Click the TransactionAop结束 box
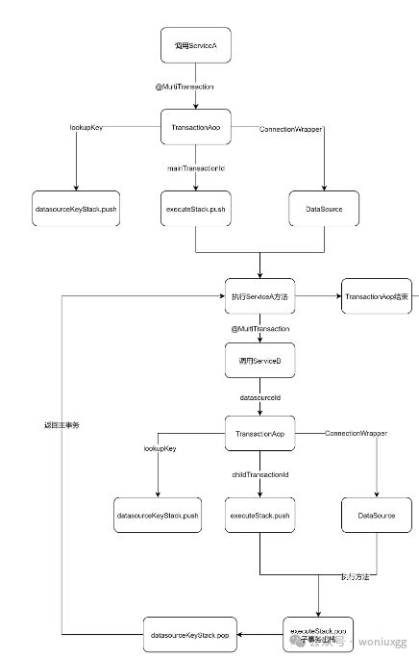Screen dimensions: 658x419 tap(378, 297)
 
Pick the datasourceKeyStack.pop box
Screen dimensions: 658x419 tap(188, 636)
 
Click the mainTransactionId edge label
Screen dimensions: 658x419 tap(195, 170)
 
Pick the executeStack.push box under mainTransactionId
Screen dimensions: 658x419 tap(195, 209)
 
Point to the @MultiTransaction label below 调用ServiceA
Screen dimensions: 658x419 tap(195, 87)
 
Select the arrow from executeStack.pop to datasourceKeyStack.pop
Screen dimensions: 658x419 tap(259, 636)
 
